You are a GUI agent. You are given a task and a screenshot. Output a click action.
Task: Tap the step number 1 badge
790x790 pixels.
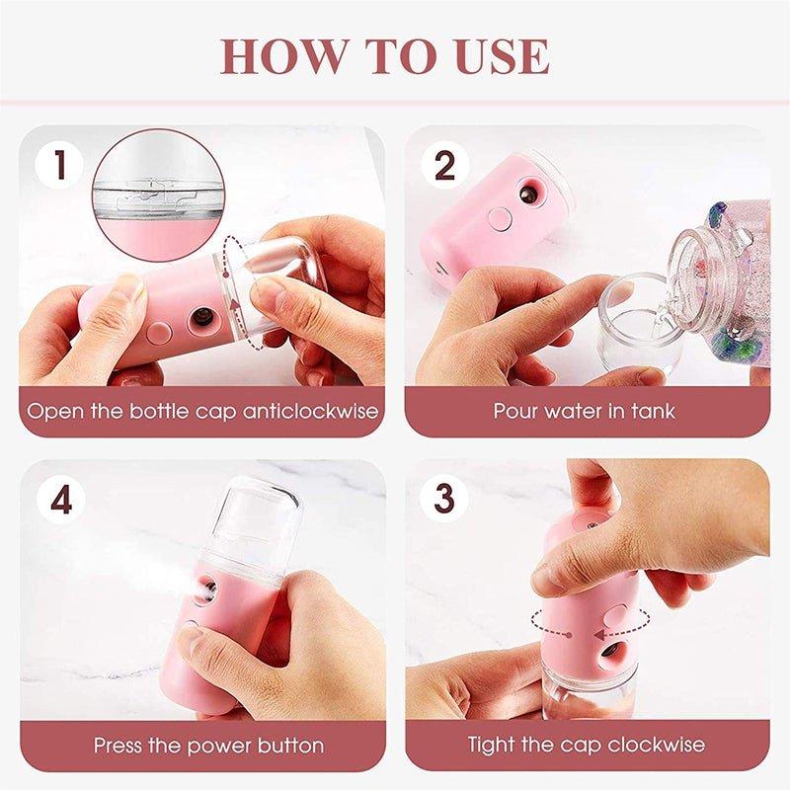coord(61,165)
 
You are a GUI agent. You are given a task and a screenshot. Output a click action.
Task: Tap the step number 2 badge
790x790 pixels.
coord(443,165)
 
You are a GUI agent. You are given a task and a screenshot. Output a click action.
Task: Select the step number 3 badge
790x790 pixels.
coord(443,499)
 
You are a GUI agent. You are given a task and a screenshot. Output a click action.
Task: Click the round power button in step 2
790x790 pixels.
coord(502,217)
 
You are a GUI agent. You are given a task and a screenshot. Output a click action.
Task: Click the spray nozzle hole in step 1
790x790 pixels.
coord(200,318)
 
